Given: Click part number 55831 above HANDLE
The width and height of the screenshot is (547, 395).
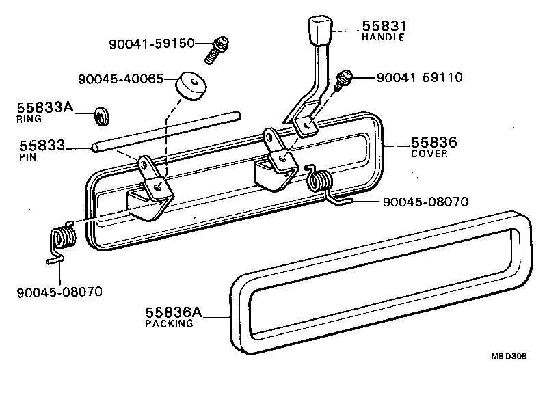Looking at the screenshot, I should (384, 25).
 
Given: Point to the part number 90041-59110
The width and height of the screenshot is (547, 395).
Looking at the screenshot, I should (419, 77).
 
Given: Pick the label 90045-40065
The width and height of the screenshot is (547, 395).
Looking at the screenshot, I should (120, 79).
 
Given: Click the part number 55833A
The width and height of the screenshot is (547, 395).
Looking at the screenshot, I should (44, 107).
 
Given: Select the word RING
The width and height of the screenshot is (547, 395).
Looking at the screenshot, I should (29, 118).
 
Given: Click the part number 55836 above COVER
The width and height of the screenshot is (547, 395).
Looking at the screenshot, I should (433, 143).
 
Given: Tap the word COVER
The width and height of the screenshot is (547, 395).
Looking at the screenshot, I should (429, 154).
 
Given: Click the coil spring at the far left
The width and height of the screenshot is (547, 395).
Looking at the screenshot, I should (63, 241).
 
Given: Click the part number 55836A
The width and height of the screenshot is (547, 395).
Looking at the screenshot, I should (174, 312).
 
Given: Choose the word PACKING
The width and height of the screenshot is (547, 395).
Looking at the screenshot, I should (169, 324).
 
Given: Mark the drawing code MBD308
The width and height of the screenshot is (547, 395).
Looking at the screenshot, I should (508, 356).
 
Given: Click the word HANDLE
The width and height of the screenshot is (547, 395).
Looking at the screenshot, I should (383, 37).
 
